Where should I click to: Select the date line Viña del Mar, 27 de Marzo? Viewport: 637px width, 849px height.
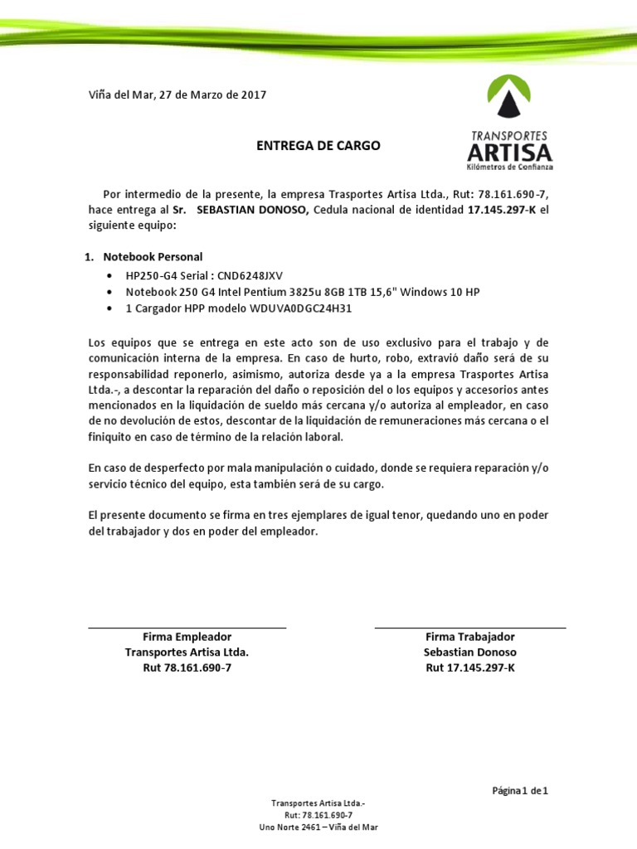pyautogui.click(x=177, y=95)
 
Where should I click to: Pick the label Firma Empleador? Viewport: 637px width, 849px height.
pyautogui.click(x=187, y=637)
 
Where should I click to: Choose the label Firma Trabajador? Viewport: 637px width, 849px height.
pyautogui.click(x=469, y=637)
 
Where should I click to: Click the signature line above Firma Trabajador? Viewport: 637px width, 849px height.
pyautogui.click(x=469, y=628)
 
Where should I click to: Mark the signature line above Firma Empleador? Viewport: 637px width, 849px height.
pyautogui.click(x=187, y=628)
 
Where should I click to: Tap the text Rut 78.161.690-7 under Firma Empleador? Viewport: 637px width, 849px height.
pyautogui.click(x=187, y=667)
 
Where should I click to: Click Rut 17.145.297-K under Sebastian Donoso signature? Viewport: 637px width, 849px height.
pyautogui.click(x=469, y=667)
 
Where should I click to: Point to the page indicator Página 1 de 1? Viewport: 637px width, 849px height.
pyautogui.click(x=520, y=791)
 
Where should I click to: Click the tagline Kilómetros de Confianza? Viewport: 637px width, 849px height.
pyautogui.click(x=511, y=167)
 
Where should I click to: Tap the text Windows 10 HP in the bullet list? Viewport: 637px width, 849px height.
pyautogui.click(x=439, y=293)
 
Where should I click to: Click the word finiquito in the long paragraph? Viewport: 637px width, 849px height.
pyautogui.click(x=114, y=437)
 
